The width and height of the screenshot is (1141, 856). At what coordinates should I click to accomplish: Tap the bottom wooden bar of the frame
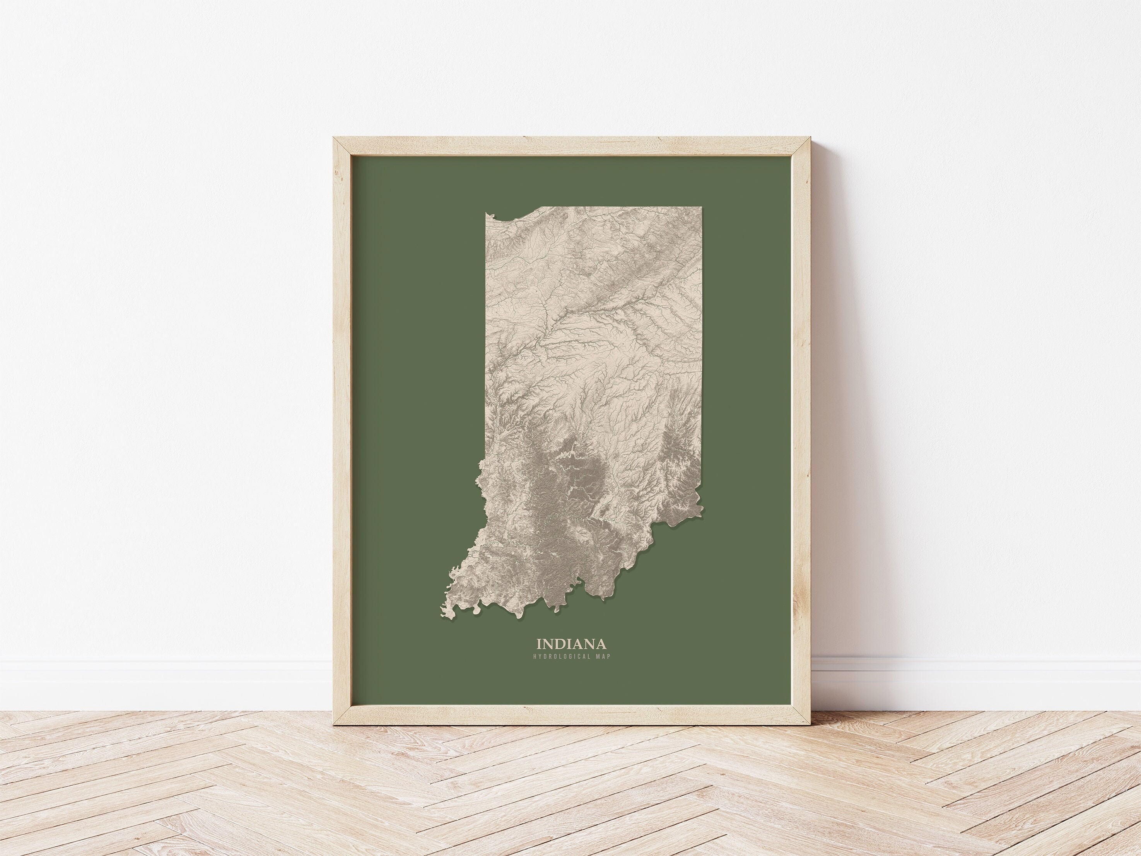570,718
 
